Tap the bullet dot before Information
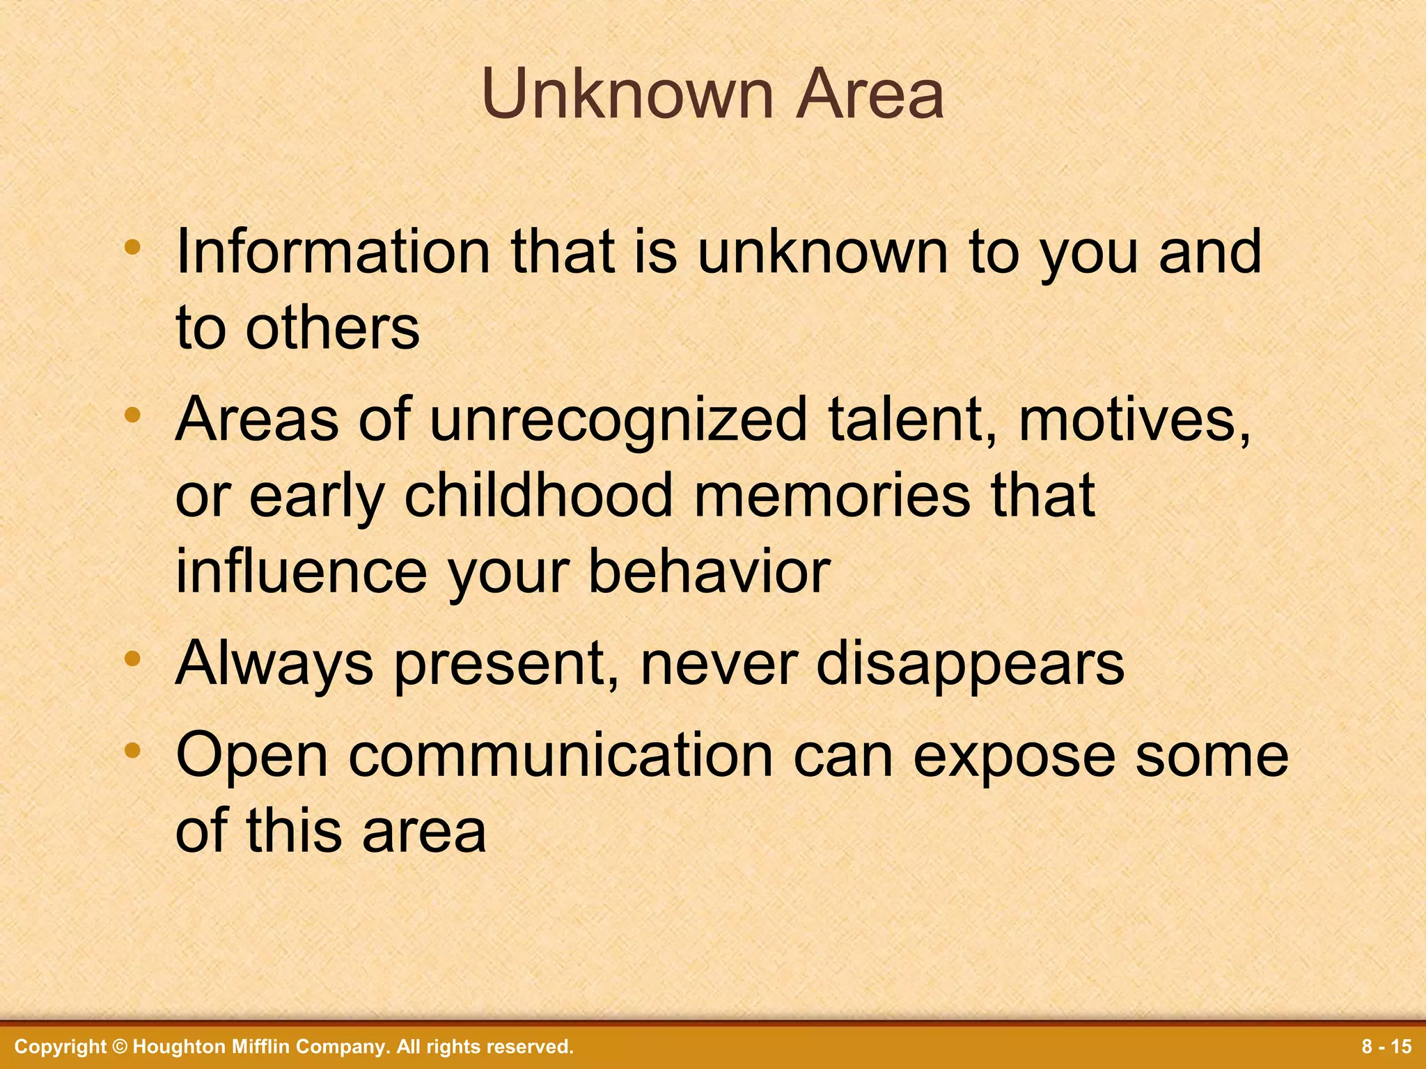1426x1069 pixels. pos(132,247)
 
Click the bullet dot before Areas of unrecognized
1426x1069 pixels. pos(132,416)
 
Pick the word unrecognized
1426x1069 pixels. pos(618,421)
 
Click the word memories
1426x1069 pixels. pos(832,496)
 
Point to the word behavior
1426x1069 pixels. pos(710,572)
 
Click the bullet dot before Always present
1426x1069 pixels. pos(132,658)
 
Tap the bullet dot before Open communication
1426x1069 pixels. pos(132,750)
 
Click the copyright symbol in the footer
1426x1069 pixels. pos(120,1047)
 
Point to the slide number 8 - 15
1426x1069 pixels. pos(1386,1047)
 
